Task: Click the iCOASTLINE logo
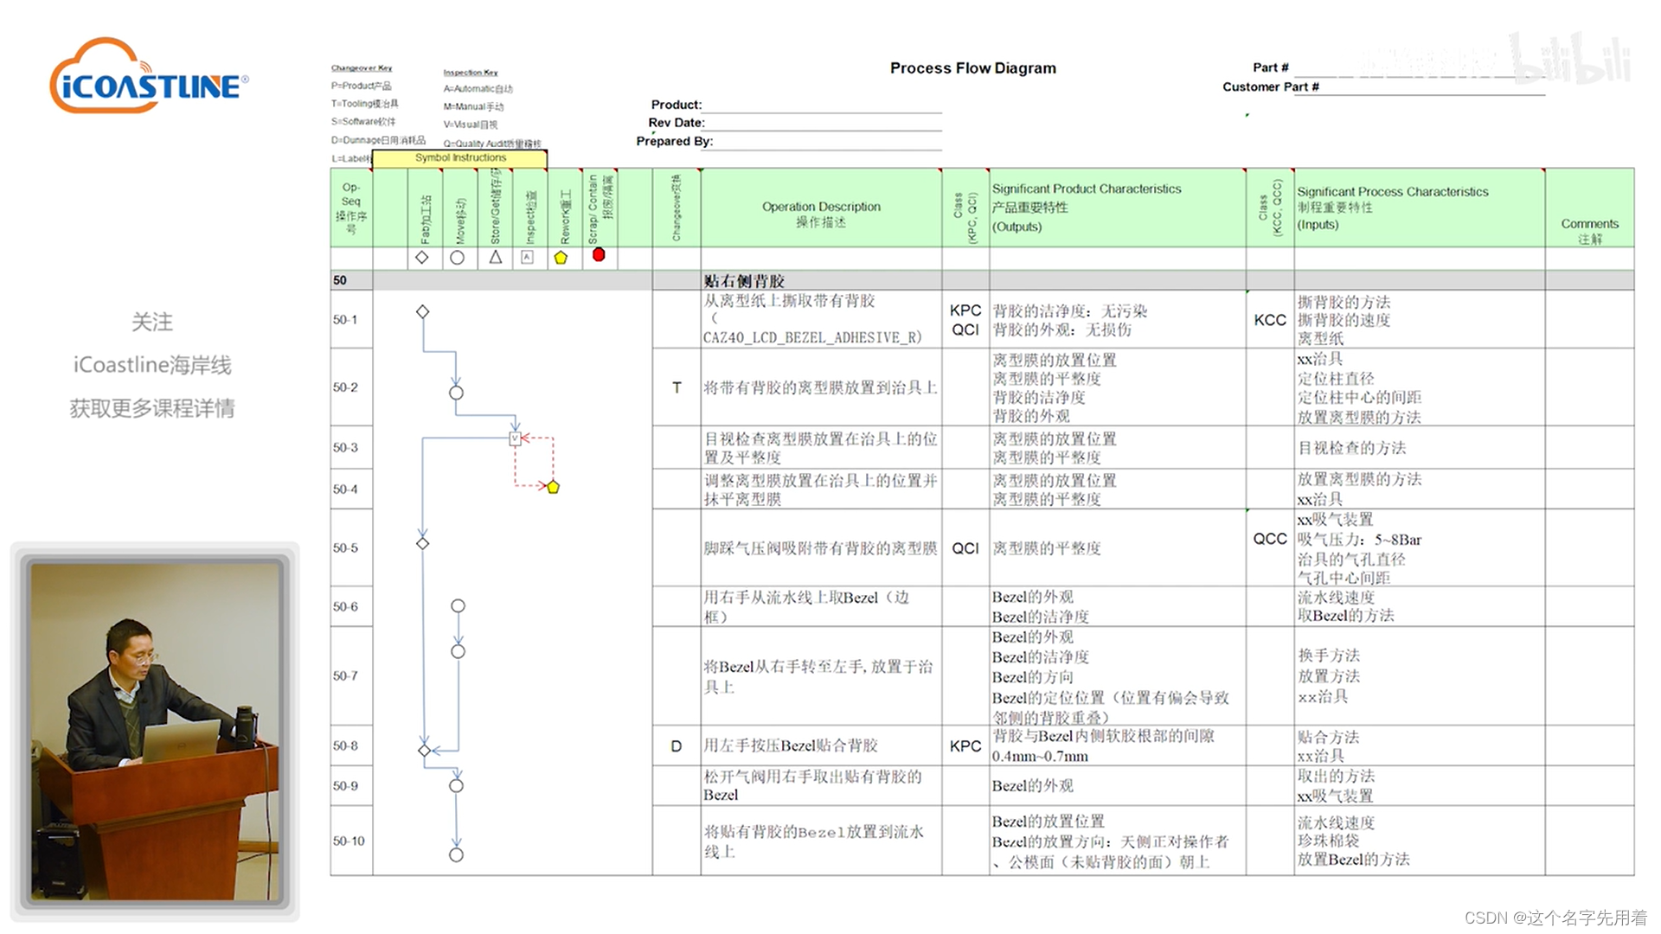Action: pyautogui.click(x=149, y=78)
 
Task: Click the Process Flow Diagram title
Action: pyautogui.click(x=972, y=68)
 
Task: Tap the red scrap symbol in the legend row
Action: pyautogui.click(x=598, y=255)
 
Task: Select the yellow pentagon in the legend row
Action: pyautogui.click(x=561, y=258)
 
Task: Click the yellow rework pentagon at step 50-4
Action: pyautogui.click(x=553, y=487)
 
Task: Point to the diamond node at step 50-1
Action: pyautogui.click(x=422, y=311)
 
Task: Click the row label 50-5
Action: pyautogui.click(x=345, y=548)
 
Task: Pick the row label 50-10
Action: pyautogui.click(x=349, y=841)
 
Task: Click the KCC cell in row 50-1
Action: pyautogui.click(x=1269, y=320)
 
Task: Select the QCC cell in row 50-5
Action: pyautogui.click(x=1269, y=539)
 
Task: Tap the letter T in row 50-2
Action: pyautogui.click(x=677, y=388)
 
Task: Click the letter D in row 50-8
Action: pyautogui.click(x=677, y=746)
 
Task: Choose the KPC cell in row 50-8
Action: pyautogui.click(x=965, y=746)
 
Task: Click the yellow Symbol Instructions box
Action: pyautogui.click(x=459, y=158)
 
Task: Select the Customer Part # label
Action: pyautogui.click(x=1270, y=86)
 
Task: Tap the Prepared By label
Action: pyautogui.click(x=674, y=141)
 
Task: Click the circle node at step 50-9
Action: pyautogui.click(x=456, y=786)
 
